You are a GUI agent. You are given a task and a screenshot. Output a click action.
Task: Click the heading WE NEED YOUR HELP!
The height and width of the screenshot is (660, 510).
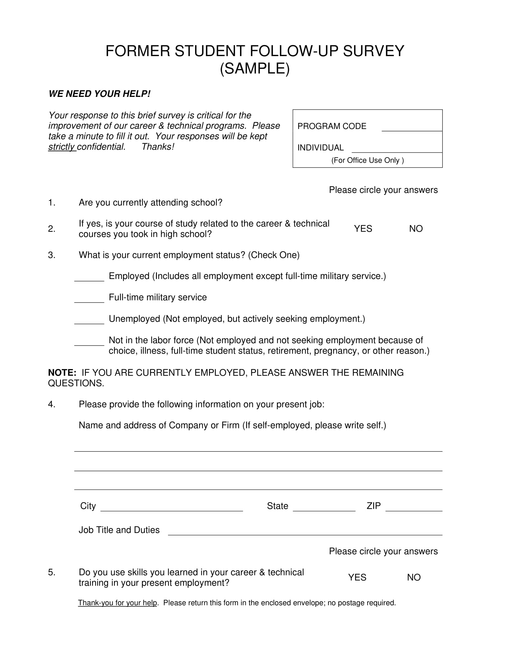pyautogui.click(x=99, y=94)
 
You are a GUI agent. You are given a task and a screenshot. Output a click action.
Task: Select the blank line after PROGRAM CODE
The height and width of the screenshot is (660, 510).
pyautogui.click(x=412, y=128)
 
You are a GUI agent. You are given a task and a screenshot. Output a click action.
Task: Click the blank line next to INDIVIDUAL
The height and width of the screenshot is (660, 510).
pyautogui.click(x=397, y=150)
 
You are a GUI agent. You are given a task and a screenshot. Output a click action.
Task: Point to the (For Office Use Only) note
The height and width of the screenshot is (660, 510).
pyautogui.click(x=367, y=160)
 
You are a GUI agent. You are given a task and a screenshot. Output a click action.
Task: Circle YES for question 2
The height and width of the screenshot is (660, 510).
pyautogui.click(x=363, y=229)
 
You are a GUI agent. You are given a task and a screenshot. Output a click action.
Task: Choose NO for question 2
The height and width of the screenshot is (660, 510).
pyautogui.click(x=416, y=229)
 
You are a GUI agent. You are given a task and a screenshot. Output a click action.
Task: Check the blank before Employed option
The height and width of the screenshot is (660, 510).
pyautogui.click(x=89, y=278)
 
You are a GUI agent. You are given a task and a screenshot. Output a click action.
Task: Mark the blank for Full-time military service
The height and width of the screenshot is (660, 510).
pyautogui.click(x=89, y=299)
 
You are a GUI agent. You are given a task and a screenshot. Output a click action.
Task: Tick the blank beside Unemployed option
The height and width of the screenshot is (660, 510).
pyautogui.click(x=89, y=321)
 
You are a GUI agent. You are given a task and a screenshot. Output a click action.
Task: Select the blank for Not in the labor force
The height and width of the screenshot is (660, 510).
pyautogui.click(x=89, y=342)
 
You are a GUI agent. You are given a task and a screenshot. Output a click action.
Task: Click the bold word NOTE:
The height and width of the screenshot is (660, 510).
pyautogui.click(x=62, y=373)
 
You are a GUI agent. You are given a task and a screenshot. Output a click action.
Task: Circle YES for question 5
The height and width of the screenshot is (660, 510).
pyautogui.click(x=357, y=577)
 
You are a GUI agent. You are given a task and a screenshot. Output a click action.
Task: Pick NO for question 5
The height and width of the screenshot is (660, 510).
pyautogui.click(x=414, y=577)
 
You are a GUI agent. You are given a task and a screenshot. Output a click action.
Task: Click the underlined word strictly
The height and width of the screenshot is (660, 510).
pyautogui.click(x=62, y=147)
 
